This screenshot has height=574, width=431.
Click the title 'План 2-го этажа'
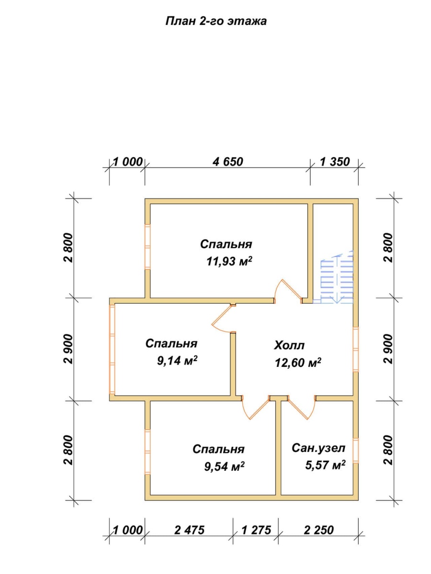[x=216, y=21]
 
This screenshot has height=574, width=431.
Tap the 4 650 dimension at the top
[x=227, y=162]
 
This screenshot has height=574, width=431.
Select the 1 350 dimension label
[x=335, y=162]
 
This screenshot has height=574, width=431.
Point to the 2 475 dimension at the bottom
[x=190, y=530]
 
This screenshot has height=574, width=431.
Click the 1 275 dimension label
[x=256, y=530]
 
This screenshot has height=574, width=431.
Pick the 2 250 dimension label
[x=319, y=530]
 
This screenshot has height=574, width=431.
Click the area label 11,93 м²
[x=229, y=261]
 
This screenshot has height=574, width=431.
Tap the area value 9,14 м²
[x=177, y=361]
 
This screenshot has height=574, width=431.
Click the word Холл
[x=289, y=345]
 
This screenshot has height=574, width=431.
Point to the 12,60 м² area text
[x=298, y=363]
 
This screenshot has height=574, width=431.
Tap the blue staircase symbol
[x=337, y=278]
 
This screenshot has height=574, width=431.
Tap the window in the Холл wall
[x=356, y=349]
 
